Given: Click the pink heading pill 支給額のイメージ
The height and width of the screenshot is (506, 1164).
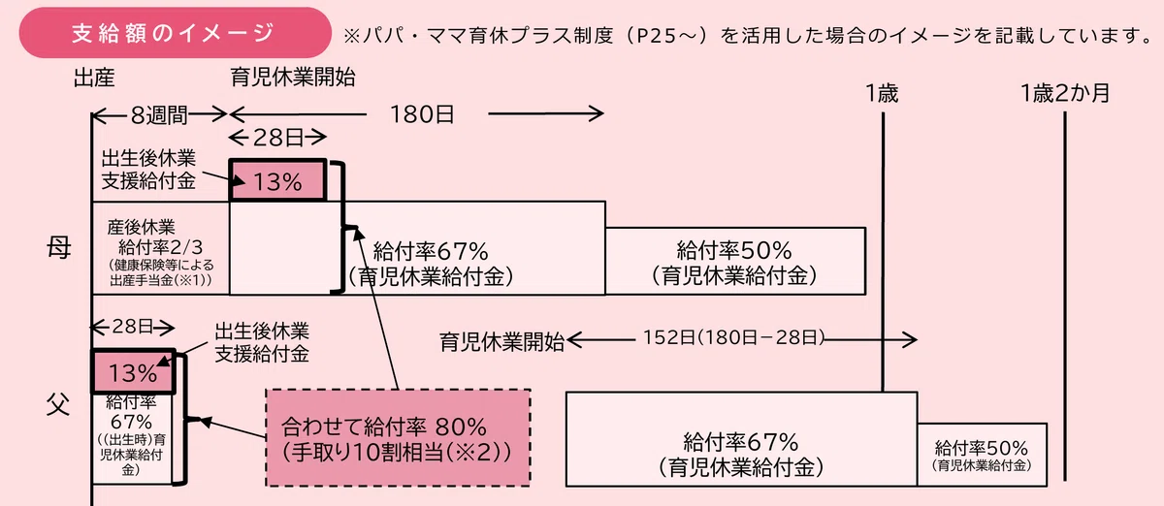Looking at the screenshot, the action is click(176, 33).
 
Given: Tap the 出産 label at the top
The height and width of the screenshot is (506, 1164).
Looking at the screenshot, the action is click(94, 78).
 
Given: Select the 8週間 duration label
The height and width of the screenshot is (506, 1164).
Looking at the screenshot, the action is click(159, 114).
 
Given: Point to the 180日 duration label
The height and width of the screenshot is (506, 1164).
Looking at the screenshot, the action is click(422, 114).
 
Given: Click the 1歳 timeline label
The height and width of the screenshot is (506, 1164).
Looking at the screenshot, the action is click(882, 93).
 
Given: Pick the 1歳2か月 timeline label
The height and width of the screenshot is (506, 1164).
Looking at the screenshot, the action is click(1065, 93).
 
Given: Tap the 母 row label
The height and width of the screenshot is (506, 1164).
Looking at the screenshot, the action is click(59, 247).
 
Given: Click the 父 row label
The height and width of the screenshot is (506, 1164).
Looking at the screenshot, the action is click(58, 404).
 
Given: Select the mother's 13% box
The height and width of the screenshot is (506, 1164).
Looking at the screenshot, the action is click(278, 180).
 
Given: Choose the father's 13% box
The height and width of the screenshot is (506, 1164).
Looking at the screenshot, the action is click(133, 371).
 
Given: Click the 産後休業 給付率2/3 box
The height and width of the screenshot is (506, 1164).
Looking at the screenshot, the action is click(161, 248).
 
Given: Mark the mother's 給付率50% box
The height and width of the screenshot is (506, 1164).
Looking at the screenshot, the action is click(735, 261).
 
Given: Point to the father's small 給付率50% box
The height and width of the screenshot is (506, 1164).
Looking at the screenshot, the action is click(982, 455).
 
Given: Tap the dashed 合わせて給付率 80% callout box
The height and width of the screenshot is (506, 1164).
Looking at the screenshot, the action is click(398, 438).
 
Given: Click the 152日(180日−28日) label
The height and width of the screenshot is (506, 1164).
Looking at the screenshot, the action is click(734, 337).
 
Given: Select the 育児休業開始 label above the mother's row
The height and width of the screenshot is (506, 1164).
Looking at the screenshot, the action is click(293, 78).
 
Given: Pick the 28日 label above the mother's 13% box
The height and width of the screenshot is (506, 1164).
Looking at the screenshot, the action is click(278, 138).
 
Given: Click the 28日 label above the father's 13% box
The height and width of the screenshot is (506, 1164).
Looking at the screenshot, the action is click(133, 327).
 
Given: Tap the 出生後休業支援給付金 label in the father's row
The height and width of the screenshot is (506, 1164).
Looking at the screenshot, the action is click(262, 342).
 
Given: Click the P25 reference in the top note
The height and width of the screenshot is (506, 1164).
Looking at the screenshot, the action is click(666, 35).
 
